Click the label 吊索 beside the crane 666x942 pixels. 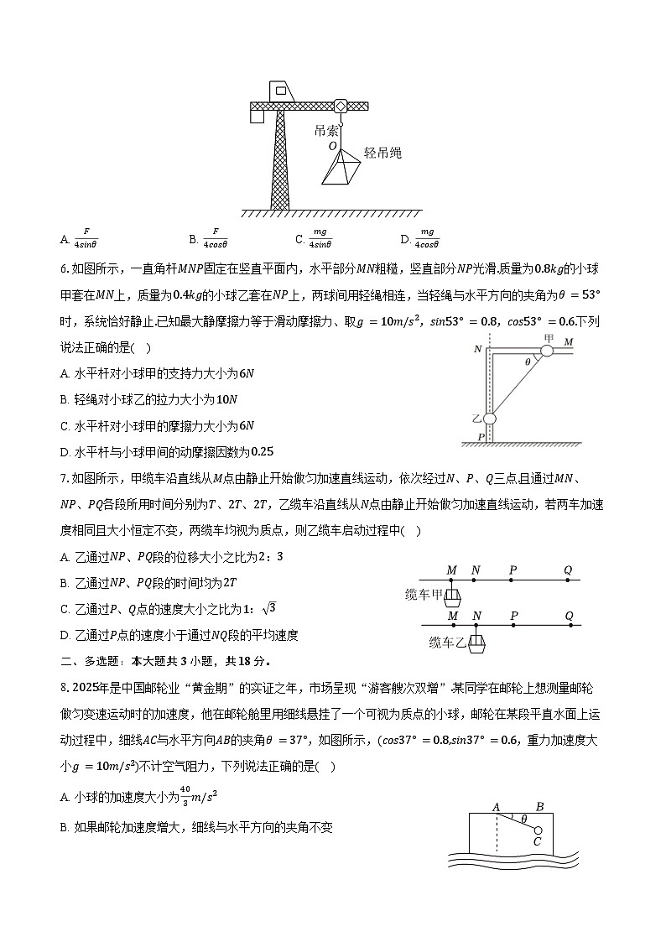[326, 131]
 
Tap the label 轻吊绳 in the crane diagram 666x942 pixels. [382, 153]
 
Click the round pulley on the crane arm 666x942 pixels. [341, 107]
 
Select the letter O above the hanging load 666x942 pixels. [333, 146]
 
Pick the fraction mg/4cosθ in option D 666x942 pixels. [428, 238]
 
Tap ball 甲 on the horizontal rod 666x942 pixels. [547, 350]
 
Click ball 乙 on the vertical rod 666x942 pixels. [490, 419]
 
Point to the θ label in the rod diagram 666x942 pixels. [527, 362]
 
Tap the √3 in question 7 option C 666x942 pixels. [268, 608]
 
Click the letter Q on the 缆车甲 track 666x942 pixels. [568, 570]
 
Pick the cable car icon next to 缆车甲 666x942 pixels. [452, 596]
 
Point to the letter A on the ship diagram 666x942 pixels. [496, 808]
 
